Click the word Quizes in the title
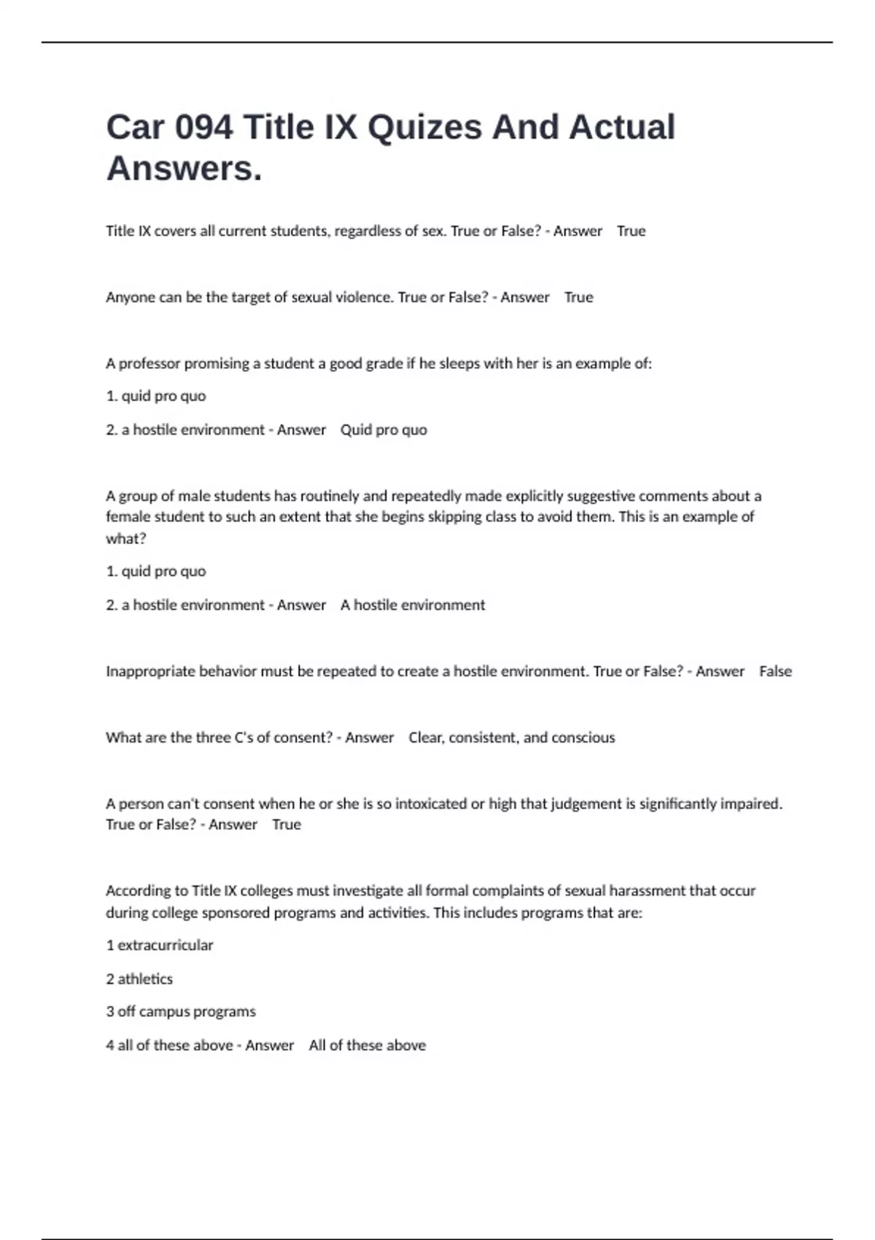[x=424, y=128]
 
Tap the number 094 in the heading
[x=204, y=128]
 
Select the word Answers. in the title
[x=184, y=168]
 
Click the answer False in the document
[x=775, y=671]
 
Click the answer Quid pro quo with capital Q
[x=384, y=430]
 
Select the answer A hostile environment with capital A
[x=412, y=605]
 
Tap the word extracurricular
[x=166, y=945]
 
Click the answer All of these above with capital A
[x=367, y=1045]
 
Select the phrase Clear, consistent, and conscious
[x=511, y=737]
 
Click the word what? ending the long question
[x=126, y=539]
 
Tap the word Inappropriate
[x=150, y=671]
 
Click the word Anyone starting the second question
[x=128, y=298]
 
